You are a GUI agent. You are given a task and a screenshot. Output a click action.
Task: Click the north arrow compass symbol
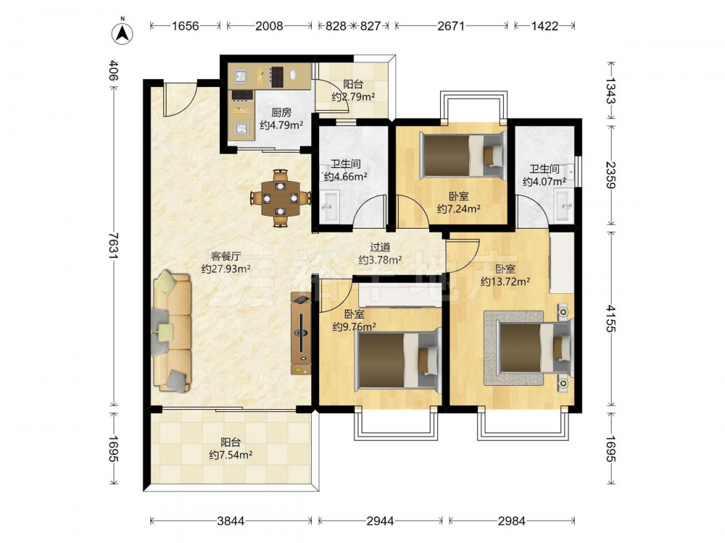click(x=123, y=33)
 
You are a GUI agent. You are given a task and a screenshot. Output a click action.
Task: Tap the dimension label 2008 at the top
click(x=269, y=26)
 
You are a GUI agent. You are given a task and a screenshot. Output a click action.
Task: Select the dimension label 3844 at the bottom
click(x=231, y=521)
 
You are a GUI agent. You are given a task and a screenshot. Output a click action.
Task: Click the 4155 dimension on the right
click(x=611, y=319)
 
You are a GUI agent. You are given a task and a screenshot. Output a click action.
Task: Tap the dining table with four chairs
click(x=280, y=198)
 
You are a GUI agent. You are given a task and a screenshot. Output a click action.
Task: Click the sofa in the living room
click(x=172, y=332)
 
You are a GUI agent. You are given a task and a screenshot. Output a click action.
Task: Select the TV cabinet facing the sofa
click(x=301, y=333)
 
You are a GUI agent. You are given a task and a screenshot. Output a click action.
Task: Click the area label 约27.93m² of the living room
click(x=226, y=269)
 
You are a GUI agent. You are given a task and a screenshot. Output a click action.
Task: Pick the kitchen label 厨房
click(x=281, y=112)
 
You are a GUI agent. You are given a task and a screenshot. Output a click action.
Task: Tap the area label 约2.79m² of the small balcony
click(x=353, y=97)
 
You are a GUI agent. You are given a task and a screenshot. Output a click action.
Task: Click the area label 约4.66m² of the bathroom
click(x=345, y=176)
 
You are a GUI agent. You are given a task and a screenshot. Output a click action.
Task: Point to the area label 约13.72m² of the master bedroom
click(x=505, y=281)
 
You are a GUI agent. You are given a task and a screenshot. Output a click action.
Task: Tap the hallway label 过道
click(x=380, y=248)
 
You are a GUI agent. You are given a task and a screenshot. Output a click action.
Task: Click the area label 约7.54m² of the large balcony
click(x=231, y=455)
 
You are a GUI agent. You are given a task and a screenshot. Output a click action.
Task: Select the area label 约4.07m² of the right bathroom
click(x=544, y=182)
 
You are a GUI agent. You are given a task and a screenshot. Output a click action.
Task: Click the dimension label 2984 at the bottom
click(x=511, y=521)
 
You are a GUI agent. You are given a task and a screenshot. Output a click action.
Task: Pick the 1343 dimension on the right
click(x=611, y=91)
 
